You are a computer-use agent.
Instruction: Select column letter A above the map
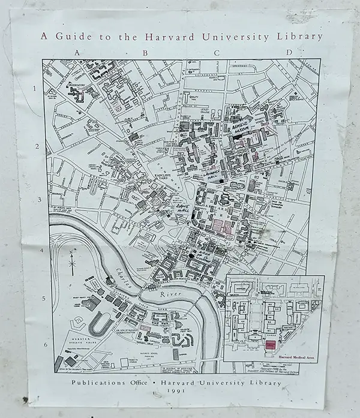pos(76,52)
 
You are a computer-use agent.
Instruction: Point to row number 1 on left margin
pos(35,89)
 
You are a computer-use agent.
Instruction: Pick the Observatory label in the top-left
pos(74,84)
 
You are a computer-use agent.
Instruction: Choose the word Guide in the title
pos(68,36)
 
